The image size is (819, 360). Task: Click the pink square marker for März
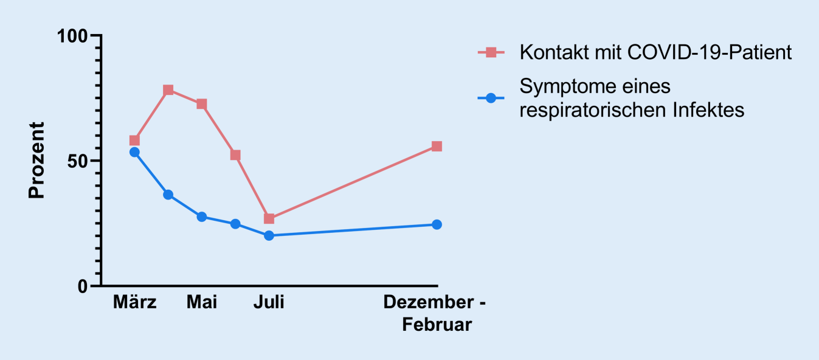pyautogui.click(x=134, y=140)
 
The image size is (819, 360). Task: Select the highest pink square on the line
pyautogui.click(x=168, y=90)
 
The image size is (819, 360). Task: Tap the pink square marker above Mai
pyautogui.click(x=202, y=104)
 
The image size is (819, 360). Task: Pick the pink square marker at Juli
pyautogui.click(x=269, y=218)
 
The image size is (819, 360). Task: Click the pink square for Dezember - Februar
pyautogui.click(x=437, y=147)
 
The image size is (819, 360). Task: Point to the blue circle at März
pyautogui.click(x=134, y=152)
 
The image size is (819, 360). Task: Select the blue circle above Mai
pyautogui.click(x=202, y=217)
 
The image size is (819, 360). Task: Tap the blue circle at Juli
pyautogui.click(x=269, y=235)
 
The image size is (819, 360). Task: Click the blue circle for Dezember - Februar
pyautogui.click(x=437, y=224)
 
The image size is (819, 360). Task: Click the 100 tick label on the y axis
pyautogui.click(x=72, y=36)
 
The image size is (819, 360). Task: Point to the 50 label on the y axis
pyautogui.click(x=77, y=161)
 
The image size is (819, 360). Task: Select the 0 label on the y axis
pyautogui.click(x=83, y=286)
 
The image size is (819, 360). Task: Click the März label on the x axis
pyautogui.click(x=134, y=302)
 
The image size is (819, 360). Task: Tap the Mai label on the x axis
pyautogui.click(x=202, y=302)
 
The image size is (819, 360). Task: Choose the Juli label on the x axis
pyautogui.click(x=269, y=302)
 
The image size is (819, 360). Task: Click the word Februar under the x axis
pyautogui.click(x=437, y=325)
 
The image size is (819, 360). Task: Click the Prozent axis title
pyautogui.click(x=36, y=161)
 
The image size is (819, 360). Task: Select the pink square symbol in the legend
pyautogui.click(x=491, y=53)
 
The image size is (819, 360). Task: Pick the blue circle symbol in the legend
pyautogui.click(x=491, y=98)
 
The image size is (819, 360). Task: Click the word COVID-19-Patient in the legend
pyautogui.click(x=710, y=52)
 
